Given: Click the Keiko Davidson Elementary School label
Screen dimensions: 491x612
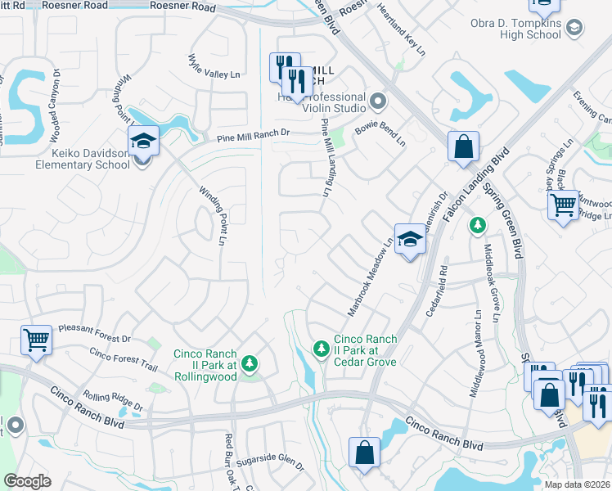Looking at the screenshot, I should tap(71, 158).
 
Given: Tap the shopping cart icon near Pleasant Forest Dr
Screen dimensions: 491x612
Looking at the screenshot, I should tap(36, 339).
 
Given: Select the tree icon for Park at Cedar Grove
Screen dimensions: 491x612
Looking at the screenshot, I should tap(322, 349).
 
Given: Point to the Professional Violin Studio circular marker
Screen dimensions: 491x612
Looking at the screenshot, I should tap(377, 102).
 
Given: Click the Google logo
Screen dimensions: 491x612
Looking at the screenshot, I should tap(28, 480).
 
